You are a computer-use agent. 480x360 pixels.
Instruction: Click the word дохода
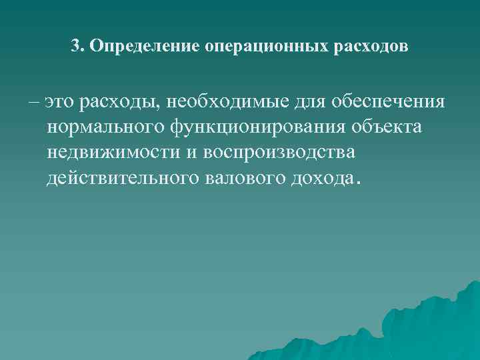pos(322,177)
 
